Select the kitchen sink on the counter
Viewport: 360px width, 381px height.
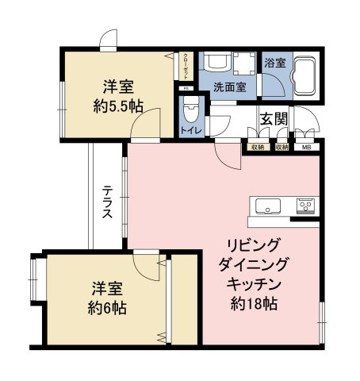(266, 207)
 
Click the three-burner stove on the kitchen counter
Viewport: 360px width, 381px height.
(306, 206)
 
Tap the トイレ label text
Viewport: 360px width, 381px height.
(190, 130)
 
